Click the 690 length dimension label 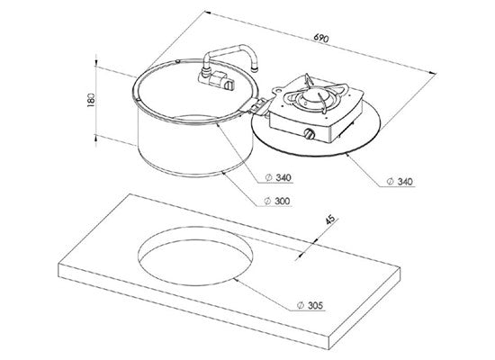click(321, 38)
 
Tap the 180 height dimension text click(91, 100)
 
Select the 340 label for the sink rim click(283, 178)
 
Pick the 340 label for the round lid click(405, 182)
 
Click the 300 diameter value click(283, 201)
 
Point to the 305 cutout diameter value click(316, 305)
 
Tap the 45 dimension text click(330, 220)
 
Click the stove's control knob click(310, 134)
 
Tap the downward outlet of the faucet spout click(255, 67)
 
